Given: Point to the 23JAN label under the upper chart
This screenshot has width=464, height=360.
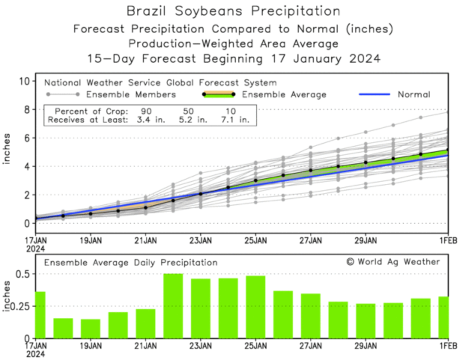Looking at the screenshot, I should click(x=200, y=241).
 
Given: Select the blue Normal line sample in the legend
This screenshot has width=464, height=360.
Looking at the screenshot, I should click(x=374, y=95).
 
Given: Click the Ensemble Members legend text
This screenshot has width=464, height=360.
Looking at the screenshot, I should click(x=131, y=95).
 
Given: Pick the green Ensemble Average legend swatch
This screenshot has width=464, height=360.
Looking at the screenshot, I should click(x=218, y=95).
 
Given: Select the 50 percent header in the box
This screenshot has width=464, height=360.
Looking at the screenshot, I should click(x=188, y=111).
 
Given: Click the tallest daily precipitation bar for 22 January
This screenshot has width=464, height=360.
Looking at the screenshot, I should click(x=173, y=306).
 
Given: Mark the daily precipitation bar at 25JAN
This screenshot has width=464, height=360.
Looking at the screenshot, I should click(x=255, y=307).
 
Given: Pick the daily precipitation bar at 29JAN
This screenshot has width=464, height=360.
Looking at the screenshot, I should click(x=366, y=321).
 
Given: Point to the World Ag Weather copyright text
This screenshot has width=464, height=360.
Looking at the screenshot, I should click(x=393, y=262).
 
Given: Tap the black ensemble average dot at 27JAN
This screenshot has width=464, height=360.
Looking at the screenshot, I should click(x=310, y=170).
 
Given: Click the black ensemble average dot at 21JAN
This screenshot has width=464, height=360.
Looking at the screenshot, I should click(x=146, y=207).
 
